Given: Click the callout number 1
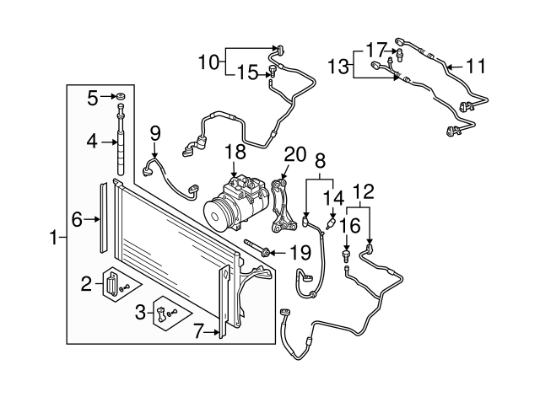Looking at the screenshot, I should point(53,239).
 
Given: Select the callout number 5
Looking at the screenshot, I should point(94,98).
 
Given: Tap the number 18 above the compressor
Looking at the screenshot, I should point(235,153).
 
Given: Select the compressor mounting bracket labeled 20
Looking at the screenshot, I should point(283,207).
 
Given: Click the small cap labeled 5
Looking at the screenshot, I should point(121,97).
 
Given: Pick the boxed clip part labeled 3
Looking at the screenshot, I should point(163,315).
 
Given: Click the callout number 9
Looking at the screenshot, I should point(154,132).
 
